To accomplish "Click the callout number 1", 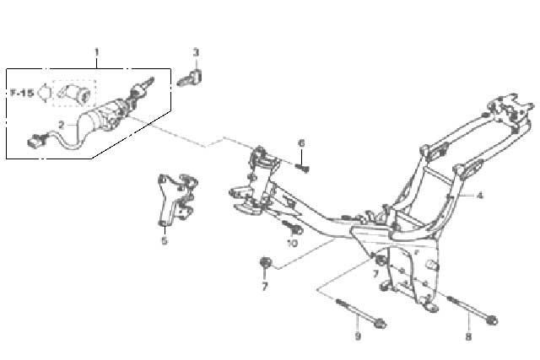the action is pyautogui.click(x=97, y=52).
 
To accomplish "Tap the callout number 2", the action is pyautogui.click(x=62, y=125).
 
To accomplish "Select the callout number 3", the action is pyautogui.click(x=196, y=52).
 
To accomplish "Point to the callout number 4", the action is pyautogui.click(x=480, y=196).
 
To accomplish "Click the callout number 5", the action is pyautogui.click(x=165, y=240).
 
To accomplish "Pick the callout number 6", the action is pyautogui.click(x=301, y=142).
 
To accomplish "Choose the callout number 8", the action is pyautogui.click(x=468, y=336).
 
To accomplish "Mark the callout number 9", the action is pyautogui.click(x=358, y=336).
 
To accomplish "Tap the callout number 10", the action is pyautogui.click(x=292, y=243).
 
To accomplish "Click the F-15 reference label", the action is pyautogui.click(x=22, y=93).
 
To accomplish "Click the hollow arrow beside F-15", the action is pyautogui.click(x=45, y=93).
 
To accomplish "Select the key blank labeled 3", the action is pyautogui.click(x=190, y=78).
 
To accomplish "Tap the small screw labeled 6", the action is pyautogui.click(x=303, y=168).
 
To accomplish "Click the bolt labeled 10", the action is pyautogui.click(x=293, y=227).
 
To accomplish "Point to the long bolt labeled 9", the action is pyautogui.click(x=361, y=313).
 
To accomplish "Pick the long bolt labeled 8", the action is pyautogui.click(x=472, y=310).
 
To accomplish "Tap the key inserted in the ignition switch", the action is pyautogui.click(x=143, y=88).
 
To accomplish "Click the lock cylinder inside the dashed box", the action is pyautogui.click(x=75, y=92).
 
